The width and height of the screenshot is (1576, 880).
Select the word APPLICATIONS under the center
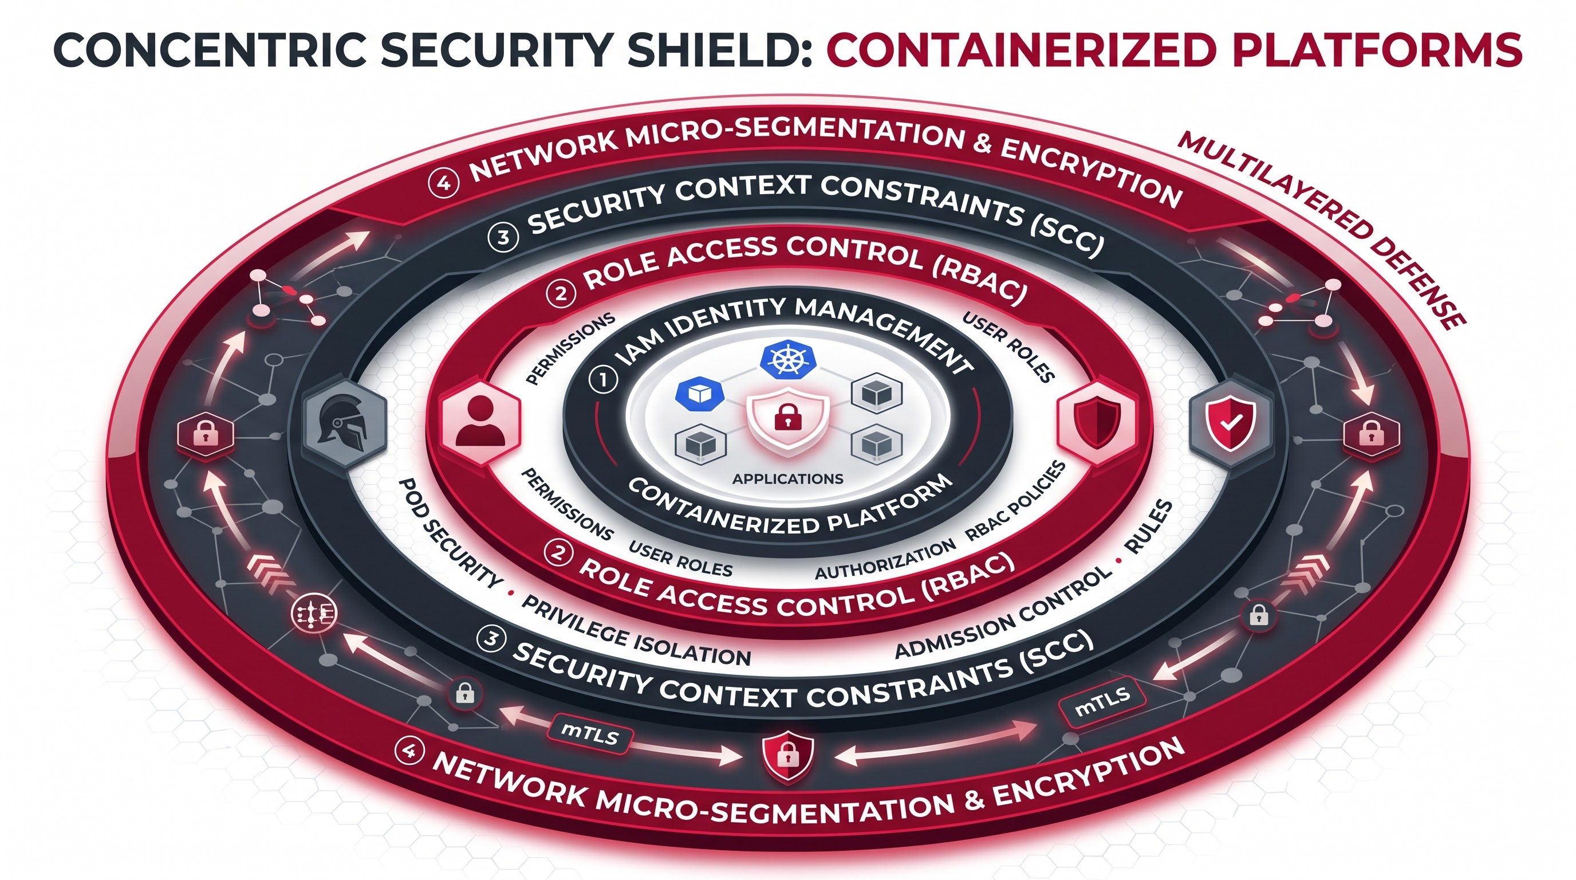point(788,478)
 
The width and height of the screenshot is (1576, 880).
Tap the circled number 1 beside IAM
point(602,380)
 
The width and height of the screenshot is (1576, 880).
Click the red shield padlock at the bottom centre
point(788,756)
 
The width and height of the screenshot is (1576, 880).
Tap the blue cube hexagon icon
point(700,394)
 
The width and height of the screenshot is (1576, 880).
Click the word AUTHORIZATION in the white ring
point(885,559)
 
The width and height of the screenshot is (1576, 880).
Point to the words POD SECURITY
point(450,533)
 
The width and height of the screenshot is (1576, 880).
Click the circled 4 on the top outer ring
point(444,183)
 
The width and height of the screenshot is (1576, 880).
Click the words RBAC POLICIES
point(1015,501)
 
